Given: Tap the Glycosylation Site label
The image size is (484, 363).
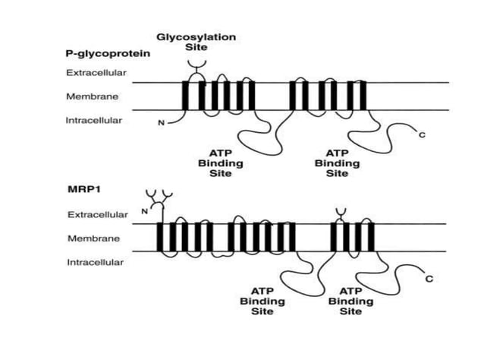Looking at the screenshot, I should [x=196, y=42].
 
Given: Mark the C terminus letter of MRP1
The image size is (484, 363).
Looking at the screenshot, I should [x=429, y=279].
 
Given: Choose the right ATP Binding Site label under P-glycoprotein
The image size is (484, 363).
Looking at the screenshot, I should [x=338, y=163].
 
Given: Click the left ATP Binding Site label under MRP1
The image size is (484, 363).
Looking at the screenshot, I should [x=262, y=301].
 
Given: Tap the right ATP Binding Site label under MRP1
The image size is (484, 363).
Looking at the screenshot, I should [x=350, y=301].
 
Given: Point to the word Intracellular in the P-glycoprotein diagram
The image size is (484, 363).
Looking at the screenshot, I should [x=94, y=120].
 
